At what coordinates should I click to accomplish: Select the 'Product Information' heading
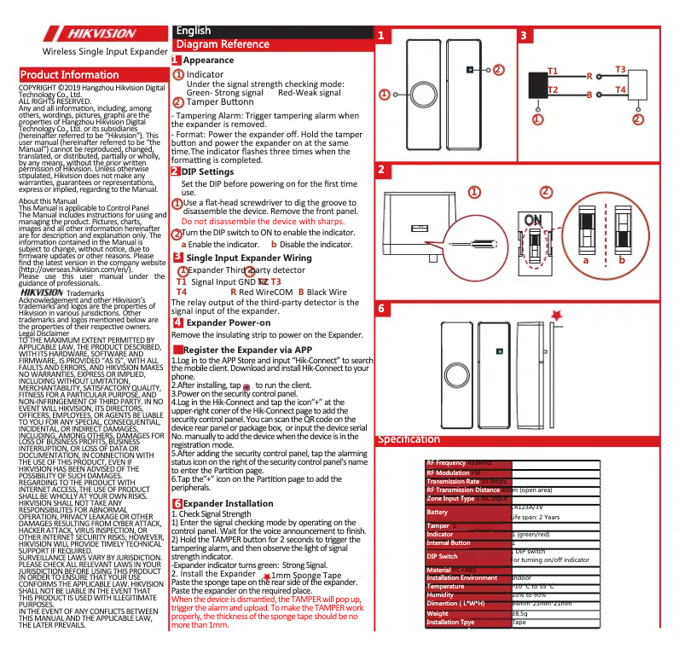pos(70,74)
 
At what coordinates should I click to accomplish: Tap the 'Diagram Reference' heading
pos(222,44)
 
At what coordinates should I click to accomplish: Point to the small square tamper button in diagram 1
pos(469,69)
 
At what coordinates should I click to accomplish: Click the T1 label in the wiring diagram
pos(552,71)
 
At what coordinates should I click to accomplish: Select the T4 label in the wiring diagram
pos(620,90)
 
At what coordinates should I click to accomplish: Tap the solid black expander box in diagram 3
pos(536,86)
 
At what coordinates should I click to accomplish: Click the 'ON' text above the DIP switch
pos(533,221)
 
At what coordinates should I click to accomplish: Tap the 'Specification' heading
pos(409,439)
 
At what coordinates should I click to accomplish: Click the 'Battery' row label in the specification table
pos(438,513)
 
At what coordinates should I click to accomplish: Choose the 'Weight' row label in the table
pos(438,613)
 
